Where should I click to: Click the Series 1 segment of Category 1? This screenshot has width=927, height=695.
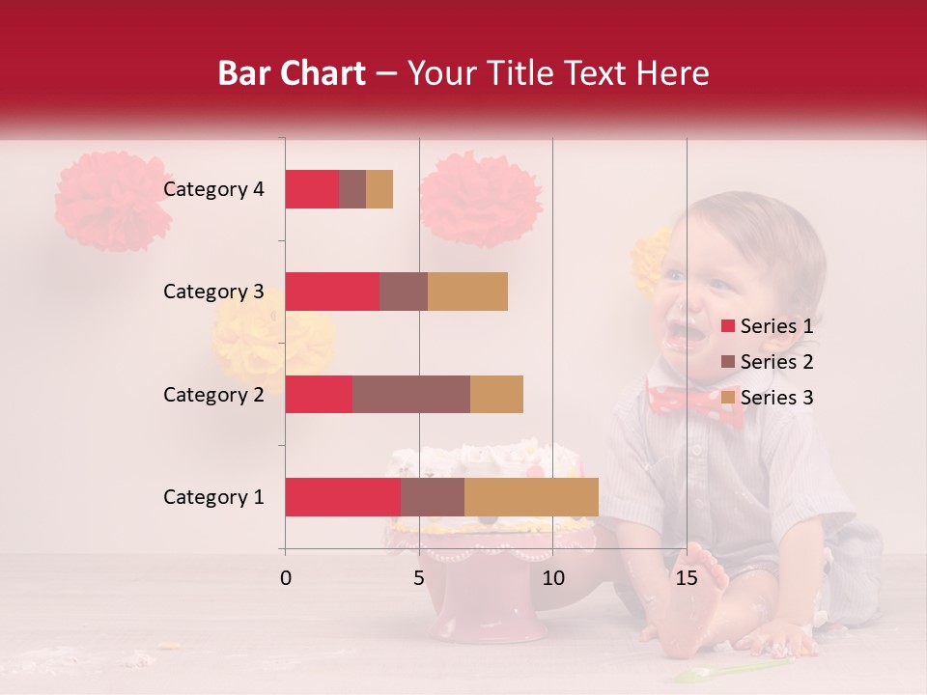pyautogui.click(x=343, y=497)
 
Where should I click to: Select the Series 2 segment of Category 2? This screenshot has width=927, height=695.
pyautogui.click(x=411, y=394)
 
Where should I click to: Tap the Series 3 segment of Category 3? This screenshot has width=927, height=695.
pyautogui.click(x=467, y=292)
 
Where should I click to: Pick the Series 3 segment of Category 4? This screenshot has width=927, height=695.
pyautogui.click(x=379, y=189)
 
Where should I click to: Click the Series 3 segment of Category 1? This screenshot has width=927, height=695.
pyautogui.click(x=531, y=497)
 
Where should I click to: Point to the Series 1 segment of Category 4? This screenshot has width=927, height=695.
pyautogui.click(x=312, y=189)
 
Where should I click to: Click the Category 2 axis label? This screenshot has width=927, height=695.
pyautogui.click(x=213, y=394)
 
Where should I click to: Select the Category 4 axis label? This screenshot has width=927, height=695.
pyautogui.click(x=213, y=189)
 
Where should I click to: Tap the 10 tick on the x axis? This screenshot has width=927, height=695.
pyautogui.click(x=552, y=578)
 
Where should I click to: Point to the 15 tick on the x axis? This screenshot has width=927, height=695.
pyautogui.click(x=687, y=578)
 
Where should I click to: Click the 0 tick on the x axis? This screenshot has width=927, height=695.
pyautogui.click(x=286, y=578)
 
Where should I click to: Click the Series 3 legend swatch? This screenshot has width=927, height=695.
pyautogui.click(x=727, y=398)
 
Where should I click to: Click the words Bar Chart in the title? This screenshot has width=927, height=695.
pyautogui.click(x=292, y=73)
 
